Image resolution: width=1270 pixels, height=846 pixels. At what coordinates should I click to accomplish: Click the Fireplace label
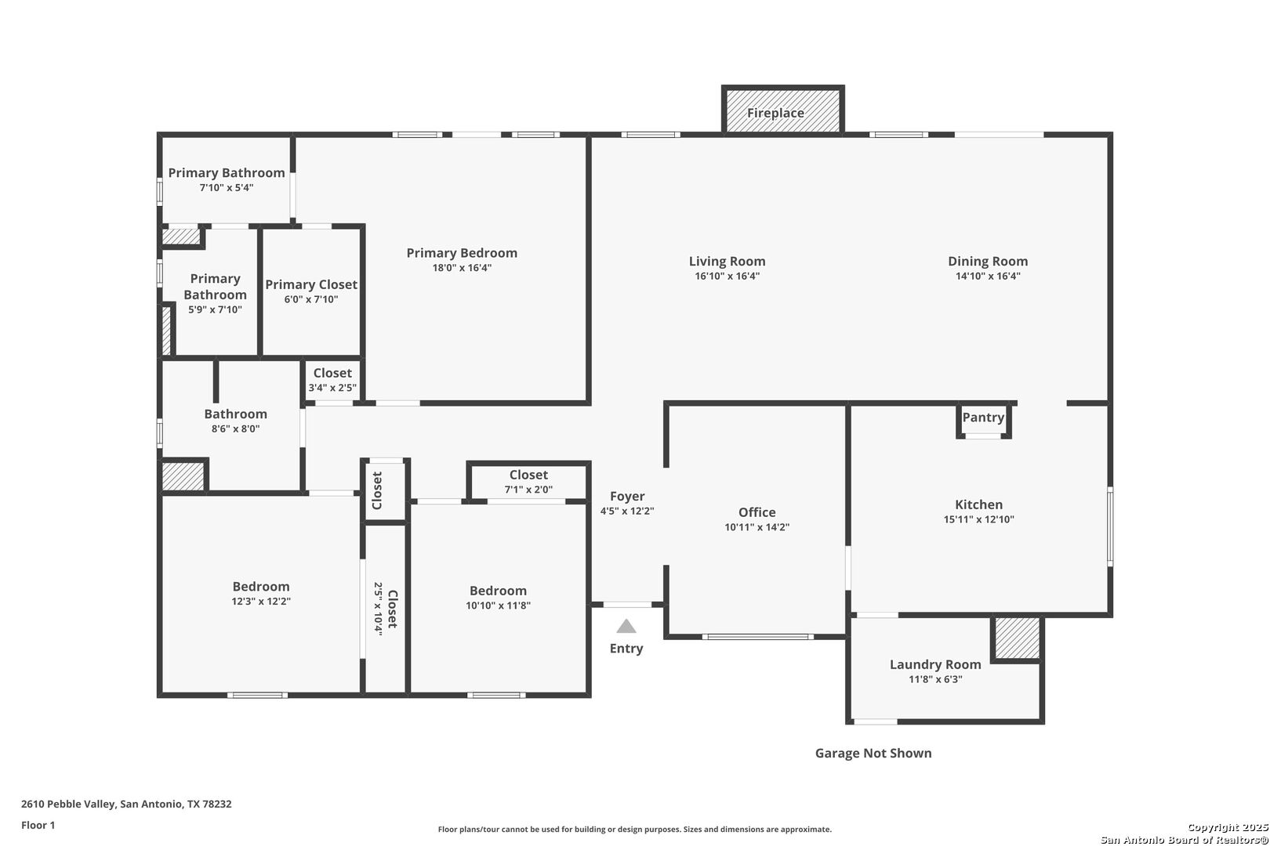click(775, 113)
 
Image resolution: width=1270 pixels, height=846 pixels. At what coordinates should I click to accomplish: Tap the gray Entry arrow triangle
click(626, 626)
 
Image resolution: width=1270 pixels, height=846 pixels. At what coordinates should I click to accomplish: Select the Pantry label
click(983, 418)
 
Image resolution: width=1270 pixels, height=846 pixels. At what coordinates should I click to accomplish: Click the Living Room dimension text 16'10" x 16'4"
click(727, 276)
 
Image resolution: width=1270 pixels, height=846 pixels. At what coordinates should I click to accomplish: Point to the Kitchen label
click(978, 504)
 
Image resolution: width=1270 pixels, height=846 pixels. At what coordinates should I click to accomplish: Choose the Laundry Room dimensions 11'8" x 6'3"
click(935, 679)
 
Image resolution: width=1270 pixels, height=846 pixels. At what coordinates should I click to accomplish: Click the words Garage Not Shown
click(873, 753)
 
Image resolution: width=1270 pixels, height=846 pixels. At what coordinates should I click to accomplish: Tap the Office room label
click(757, 512)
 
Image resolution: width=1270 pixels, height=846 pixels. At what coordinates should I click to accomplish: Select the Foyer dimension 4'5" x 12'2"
click(627, 511)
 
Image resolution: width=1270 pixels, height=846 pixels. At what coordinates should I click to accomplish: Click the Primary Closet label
click(311, 284)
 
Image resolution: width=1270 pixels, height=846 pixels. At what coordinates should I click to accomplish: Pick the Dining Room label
click(988, 261)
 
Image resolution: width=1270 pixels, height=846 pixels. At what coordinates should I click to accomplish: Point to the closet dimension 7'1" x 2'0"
click(528, 490)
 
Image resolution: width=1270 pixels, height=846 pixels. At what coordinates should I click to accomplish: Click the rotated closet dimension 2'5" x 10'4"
click(378, 609)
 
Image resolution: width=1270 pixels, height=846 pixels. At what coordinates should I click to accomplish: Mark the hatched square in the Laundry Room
click(1018, 638)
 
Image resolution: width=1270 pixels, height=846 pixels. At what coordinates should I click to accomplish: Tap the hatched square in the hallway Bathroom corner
click(183, 476)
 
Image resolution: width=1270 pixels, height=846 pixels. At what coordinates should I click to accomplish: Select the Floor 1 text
click(38, 825)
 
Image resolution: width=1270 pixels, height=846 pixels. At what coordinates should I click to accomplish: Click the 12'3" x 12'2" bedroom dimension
click(261, 602)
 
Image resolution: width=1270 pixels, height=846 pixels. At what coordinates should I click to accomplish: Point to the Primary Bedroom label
click(462, 253)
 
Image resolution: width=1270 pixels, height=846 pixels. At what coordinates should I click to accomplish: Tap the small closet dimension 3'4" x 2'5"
click(332, 389)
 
